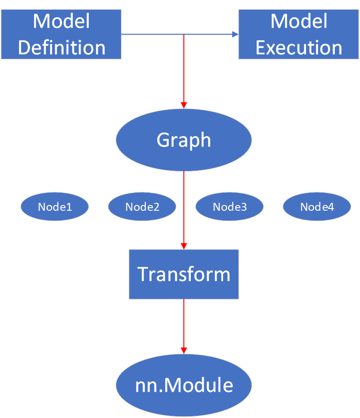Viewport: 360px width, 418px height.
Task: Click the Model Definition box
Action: point(61,34)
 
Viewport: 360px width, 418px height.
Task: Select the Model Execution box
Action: point(299,34)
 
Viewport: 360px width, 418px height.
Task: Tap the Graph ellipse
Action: point(184,140)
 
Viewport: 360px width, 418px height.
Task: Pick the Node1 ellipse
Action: point(55,207)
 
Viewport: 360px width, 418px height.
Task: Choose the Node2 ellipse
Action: point(142,207)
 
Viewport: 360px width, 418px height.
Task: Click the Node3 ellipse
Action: point(230,207)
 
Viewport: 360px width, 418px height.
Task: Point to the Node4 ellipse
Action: point(317,207)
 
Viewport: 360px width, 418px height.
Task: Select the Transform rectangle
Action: point(184,274)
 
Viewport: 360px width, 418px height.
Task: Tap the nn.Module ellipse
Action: point(184,385)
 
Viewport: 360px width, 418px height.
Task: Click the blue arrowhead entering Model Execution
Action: point(235,34)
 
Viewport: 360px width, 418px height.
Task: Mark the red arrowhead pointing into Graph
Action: point(184,105)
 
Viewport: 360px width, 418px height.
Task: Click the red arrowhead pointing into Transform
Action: point(184,246)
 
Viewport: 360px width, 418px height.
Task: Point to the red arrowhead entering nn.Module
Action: point(184,350)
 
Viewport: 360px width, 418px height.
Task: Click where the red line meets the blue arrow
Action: point(184,34)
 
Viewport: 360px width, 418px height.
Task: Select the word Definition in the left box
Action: point(62,48)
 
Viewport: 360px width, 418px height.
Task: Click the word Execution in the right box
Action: point(299,48)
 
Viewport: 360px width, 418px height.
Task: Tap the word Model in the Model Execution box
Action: point(299,21)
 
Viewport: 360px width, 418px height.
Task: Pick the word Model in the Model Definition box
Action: point(61,21)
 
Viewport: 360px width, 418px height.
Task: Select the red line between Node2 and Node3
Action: point(184,207)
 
